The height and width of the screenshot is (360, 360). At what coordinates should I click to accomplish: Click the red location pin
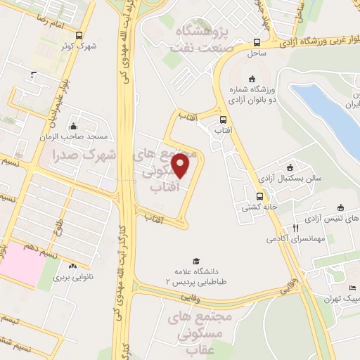181,167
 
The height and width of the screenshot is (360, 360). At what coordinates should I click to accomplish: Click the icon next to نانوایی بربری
73,266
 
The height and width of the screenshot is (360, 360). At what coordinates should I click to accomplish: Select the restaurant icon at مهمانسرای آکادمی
296,229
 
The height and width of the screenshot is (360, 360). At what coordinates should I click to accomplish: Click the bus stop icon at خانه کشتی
259,196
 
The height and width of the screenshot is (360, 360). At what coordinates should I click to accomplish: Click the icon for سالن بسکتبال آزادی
290,167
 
